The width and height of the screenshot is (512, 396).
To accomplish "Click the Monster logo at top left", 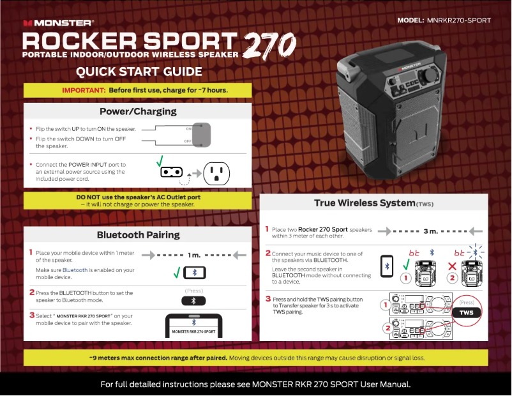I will coord(59,23).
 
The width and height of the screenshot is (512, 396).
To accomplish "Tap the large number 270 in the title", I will coord(269,46).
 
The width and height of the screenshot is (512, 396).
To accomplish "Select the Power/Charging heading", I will coord(138,111).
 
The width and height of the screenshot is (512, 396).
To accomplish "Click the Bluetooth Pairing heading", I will coord(138,234).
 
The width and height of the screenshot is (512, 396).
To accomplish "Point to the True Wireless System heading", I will coord(373,203).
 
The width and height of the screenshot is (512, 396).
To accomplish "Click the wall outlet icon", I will coord(216,171).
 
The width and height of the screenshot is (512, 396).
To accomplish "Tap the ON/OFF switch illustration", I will coord(202,134).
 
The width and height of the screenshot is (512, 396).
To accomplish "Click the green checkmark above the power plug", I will coord(160,160).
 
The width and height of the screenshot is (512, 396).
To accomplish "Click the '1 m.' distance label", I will coord(194,255).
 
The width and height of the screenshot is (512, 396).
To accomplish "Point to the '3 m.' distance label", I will coord(430,231).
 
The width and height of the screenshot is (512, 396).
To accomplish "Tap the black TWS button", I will coord(466,312).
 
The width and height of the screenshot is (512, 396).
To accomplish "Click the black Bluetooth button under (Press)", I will coord(194,301).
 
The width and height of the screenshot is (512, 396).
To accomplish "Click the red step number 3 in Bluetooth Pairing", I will coord(32,315).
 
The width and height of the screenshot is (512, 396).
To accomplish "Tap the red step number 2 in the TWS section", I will coord(268,253).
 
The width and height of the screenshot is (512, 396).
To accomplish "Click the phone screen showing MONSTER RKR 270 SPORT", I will coord(194,328).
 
